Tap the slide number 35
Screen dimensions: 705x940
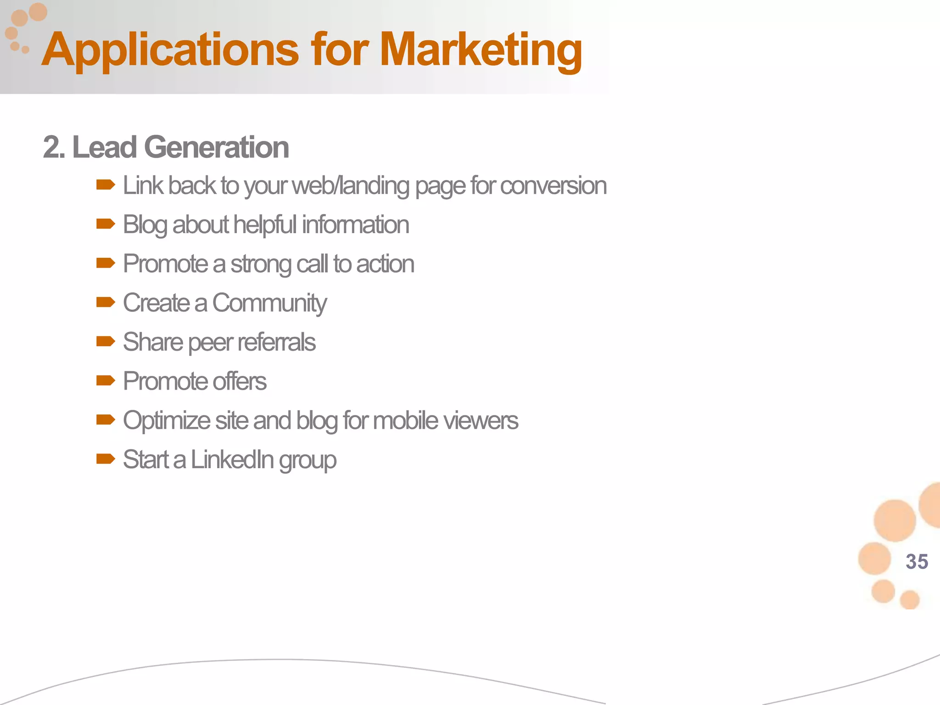[917, 561]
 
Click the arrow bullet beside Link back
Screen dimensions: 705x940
[106, 185]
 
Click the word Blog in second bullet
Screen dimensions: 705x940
[145, 225]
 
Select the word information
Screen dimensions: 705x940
[355, 225]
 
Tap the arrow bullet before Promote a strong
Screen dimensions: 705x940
[106, 263]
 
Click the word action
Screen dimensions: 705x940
[385, 264]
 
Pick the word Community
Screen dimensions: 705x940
[269, 303]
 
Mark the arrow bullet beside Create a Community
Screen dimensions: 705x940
[106, 302]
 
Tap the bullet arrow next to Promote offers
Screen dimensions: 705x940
[106, 380]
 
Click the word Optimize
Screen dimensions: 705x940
[167, 421]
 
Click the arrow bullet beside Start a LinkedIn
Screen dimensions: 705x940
[106, 459]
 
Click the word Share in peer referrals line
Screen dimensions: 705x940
[153, 342]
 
